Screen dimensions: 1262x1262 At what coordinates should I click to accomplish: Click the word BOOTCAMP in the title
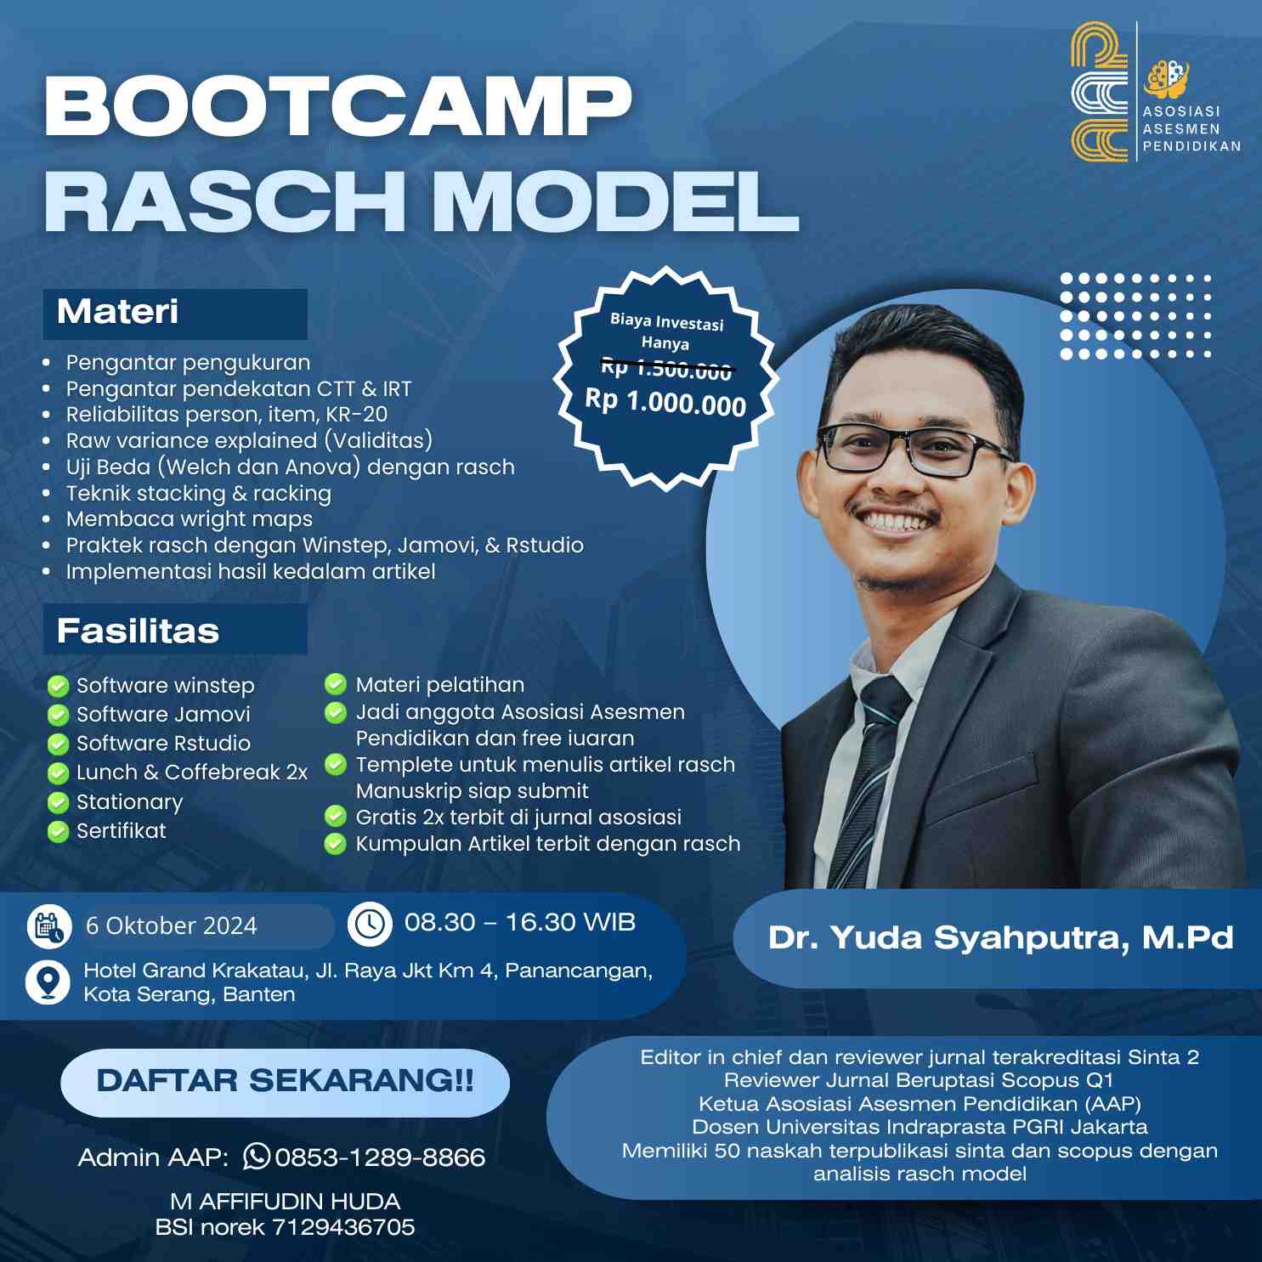338,105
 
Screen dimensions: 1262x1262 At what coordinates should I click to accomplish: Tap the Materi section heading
117,312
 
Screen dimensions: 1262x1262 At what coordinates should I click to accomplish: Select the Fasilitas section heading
138,631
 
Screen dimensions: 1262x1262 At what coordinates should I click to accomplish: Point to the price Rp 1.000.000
665,401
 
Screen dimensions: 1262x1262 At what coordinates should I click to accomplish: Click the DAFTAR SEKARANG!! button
285,1082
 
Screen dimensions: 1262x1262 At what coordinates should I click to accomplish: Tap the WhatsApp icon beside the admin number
257,1156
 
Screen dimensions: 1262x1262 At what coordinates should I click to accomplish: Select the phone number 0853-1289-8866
380,1157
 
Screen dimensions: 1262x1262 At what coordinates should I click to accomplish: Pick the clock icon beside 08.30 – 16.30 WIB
370,924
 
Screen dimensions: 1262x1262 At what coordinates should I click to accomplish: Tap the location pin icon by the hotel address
48,982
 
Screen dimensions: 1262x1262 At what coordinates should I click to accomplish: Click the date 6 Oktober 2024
171,925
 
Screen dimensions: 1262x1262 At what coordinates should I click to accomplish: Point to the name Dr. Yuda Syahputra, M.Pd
1000,937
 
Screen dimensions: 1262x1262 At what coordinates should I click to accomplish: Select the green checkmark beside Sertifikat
58,830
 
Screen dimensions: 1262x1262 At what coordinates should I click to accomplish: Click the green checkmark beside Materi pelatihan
336,684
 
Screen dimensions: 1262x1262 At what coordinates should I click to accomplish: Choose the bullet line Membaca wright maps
189,518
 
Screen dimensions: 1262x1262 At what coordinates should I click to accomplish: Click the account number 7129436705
343,1226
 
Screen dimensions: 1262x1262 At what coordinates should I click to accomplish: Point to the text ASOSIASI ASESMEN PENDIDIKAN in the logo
1191,128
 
